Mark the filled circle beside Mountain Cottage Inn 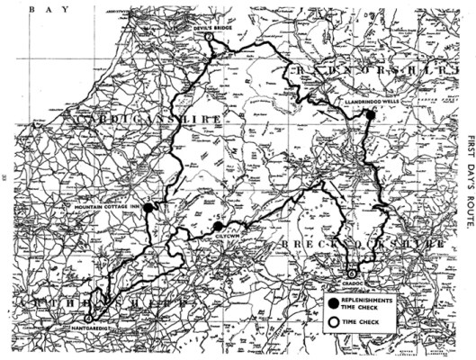click(x=148, y=207)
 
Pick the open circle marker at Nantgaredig click(x=87, y=318)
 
